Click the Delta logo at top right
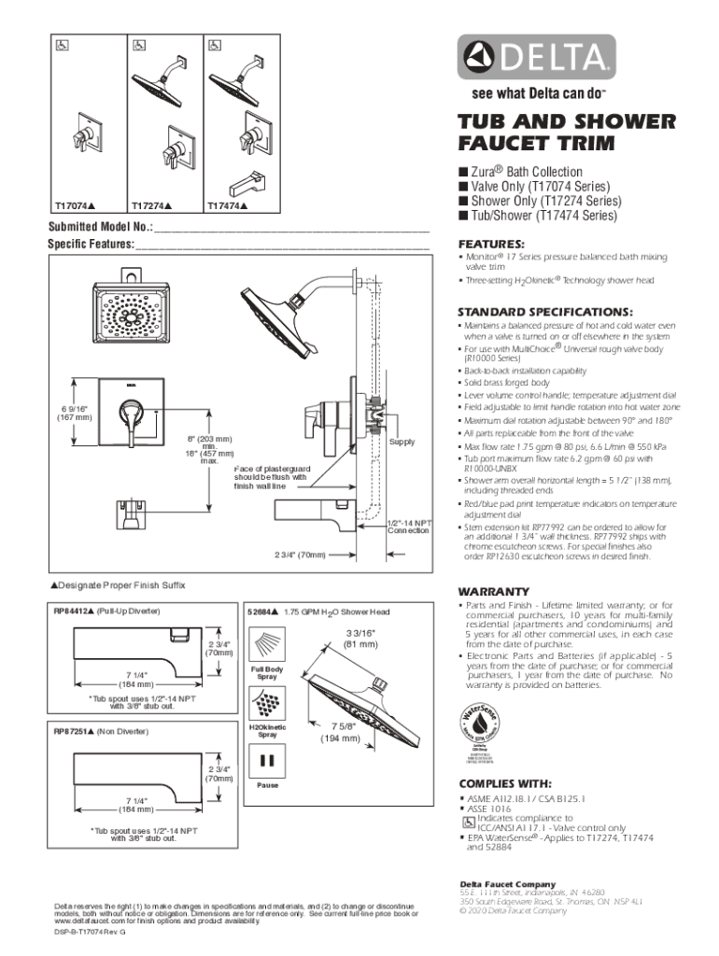535,59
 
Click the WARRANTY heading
493,592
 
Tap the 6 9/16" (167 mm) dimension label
71,412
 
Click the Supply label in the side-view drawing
402,442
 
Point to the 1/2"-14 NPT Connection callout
407,527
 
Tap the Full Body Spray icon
268,646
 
